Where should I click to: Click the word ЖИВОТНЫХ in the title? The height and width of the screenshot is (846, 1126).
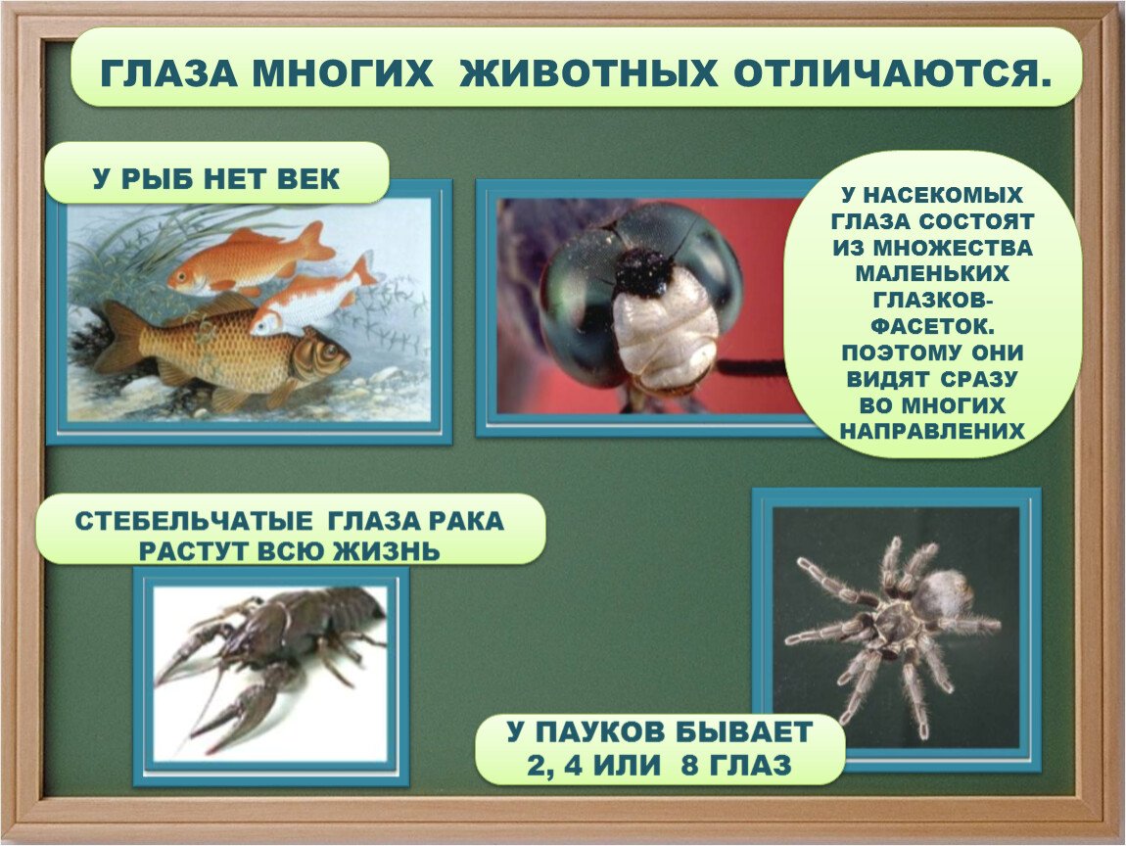588,72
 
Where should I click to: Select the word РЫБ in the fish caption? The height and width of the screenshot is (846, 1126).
162,178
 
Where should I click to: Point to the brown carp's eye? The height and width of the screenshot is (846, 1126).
322,352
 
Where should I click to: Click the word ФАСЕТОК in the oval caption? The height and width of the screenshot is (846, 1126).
933,326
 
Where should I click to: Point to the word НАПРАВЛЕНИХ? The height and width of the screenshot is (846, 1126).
932,431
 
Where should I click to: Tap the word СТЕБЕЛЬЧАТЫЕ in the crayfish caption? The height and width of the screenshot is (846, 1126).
193,521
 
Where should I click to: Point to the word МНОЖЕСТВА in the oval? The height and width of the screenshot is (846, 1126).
953,248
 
